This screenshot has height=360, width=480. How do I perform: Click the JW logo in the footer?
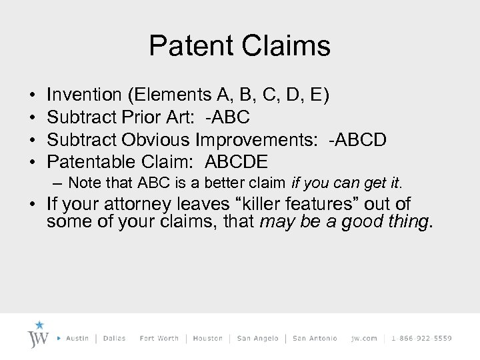(x=39, y=337)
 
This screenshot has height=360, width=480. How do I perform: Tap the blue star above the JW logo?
(x=39, y=325)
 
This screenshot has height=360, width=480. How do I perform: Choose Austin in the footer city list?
(x=79, y=338)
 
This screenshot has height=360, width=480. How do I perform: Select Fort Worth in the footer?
(x=159, y=338)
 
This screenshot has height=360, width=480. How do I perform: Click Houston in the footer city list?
(x=207, y=338)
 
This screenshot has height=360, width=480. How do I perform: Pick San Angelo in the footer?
(x=257, y=338)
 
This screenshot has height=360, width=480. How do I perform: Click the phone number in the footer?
(x=421, y=338)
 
